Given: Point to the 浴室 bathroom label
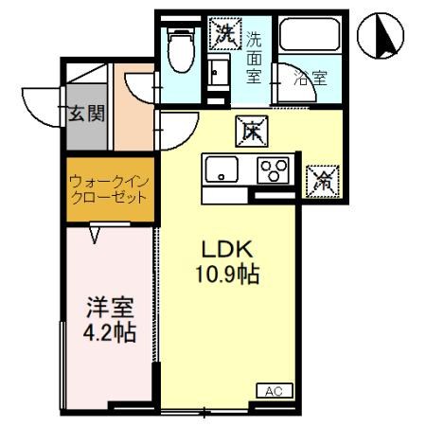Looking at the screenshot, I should point(308,79).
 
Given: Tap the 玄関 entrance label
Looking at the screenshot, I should point(85,115).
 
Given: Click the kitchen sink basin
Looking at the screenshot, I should point(224,171).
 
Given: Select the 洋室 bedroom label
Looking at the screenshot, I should point(108,308).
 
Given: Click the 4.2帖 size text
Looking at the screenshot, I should point(108,332).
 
